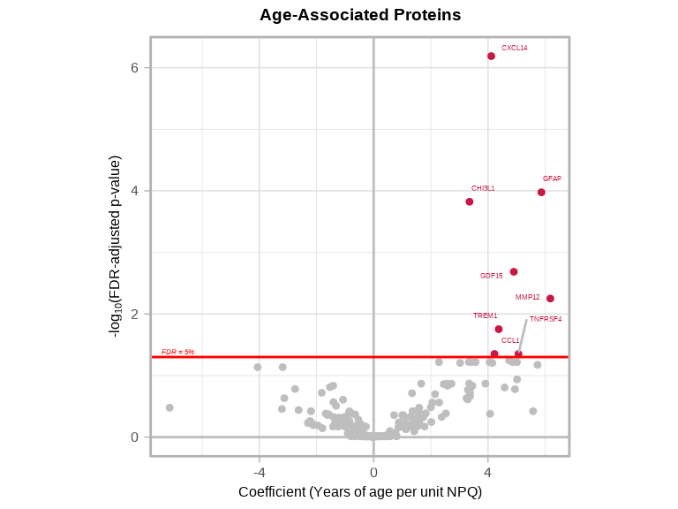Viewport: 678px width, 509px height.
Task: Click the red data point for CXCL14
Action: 491,56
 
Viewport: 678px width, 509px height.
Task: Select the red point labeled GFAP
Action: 541,192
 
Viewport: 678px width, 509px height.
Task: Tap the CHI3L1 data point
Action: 470,201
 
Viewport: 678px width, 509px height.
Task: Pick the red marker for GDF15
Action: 514,271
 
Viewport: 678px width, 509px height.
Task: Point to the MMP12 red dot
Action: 550,299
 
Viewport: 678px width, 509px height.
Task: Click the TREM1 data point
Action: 499,329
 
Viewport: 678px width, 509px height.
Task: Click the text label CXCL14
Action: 514,48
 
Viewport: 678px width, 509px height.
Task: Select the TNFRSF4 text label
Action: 545,319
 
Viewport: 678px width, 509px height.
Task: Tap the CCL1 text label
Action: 510,340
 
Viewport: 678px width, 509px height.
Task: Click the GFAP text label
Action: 552,179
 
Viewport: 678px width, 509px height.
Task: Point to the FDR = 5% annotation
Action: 177,352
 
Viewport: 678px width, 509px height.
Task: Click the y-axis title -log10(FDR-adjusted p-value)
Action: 115,246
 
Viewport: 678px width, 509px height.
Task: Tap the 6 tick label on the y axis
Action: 135,68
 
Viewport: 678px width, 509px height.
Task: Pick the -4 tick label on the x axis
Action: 259,473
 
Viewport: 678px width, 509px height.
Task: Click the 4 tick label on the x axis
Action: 487,473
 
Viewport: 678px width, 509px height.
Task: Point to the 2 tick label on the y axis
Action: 135,314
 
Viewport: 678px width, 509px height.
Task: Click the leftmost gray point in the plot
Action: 169,407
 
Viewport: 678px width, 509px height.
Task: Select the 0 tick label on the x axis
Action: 373,473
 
